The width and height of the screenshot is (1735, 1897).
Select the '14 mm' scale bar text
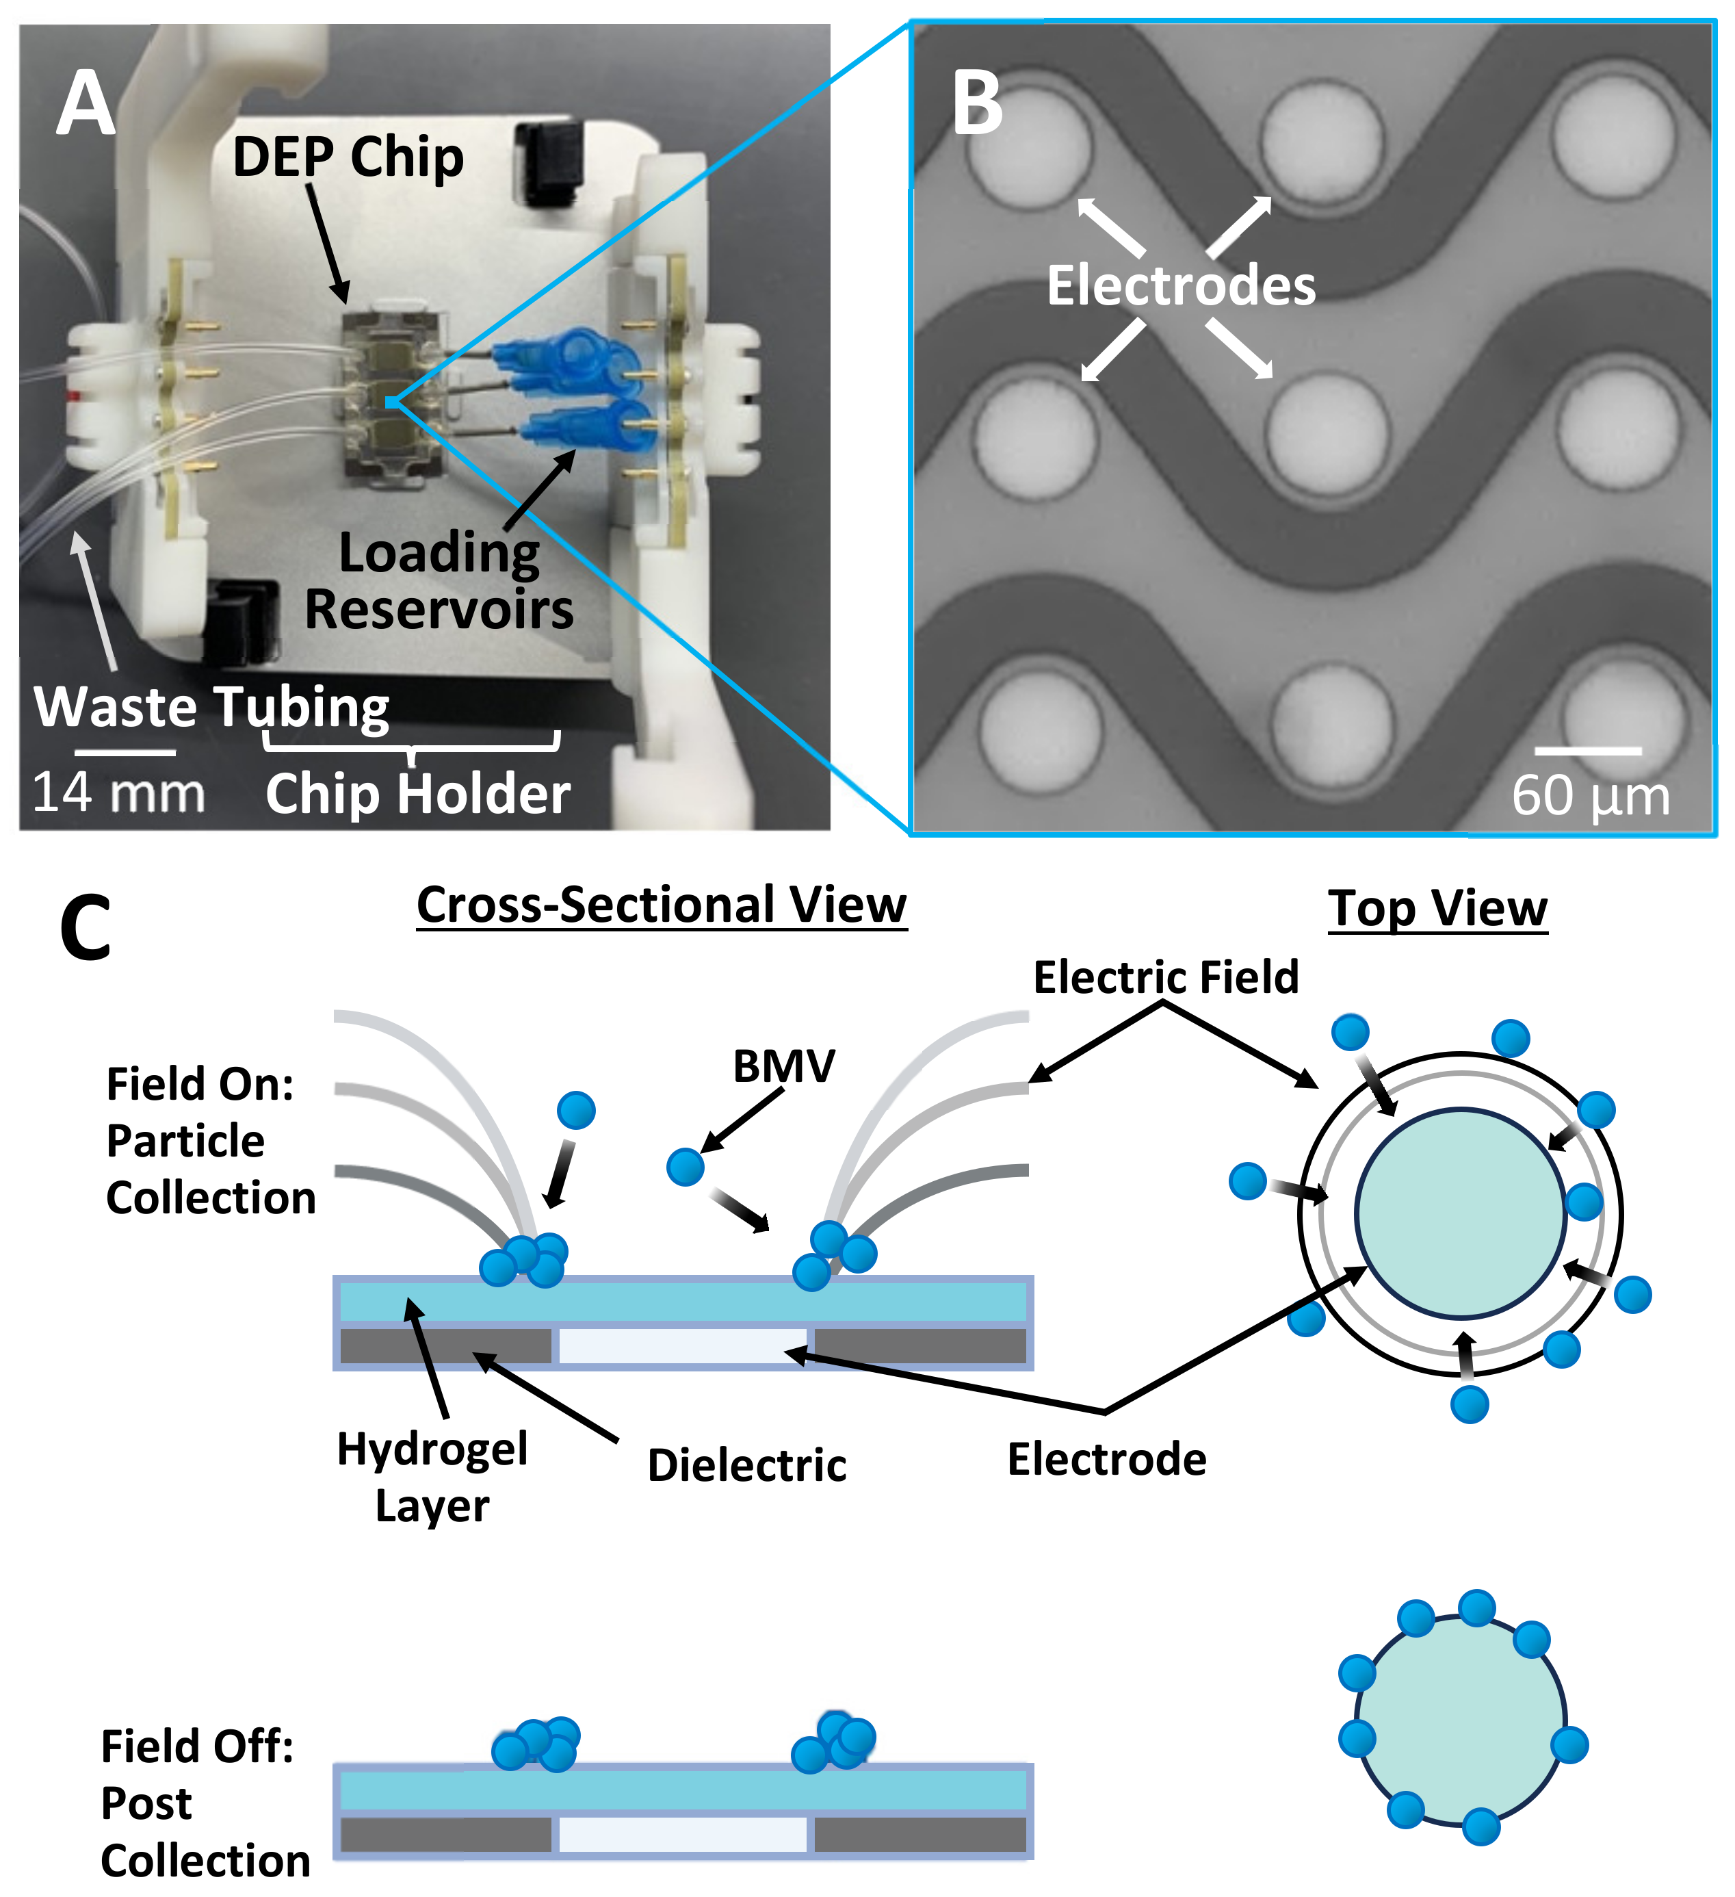[118, 792]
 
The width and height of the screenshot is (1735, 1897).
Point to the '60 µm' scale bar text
[1590, 796]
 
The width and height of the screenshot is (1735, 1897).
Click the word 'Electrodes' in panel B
[1181, 285]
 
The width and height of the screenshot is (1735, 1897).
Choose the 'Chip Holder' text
[418, 793]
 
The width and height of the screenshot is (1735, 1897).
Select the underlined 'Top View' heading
[1437, 908]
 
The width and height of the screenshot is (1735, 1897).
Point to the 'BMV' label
[783, 1066]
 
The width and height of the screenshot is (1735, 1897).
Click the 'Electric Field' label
[1166, 977]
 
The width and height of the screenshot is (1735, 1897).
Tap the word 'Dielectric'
[747, 1465]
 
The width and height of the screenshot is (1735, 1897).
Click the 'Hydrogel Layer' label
[432, 1476]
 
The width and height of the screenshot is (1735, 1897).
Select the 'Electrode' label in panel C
[1106, 1460]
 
